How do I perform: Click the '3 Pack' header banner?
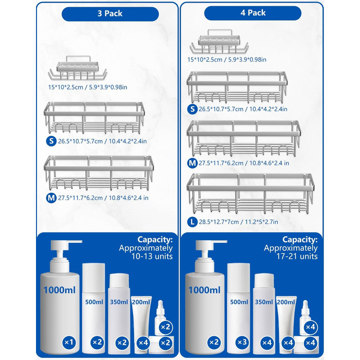110,14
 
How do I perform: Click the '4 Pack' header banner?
253,13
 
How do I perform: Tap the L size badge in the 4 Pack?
192,222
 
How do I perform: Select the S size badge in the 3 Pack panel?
51,141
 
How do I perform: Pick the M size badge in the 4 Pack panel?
192,163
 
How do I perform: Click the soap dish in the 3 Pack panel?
78,68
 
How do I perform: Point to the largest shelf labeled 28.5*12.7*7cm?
250,194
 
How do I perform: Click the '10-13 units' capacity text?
152,256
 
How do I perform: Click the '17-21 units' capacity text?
297,256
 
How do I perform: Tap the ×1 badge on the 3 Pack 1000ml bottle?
69,343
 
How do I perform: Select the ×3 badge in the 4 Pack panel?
242,343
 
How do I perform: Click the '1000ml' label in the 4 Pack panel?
204,290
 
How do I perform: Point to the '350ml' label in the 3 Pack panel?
119,302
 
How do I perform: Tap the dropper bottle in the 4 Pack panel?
305,317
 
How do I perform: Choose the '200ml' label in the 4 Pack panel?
286,302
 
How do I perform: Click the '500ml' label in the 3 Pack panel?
94,302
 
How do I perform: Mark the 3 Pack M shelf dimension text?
103,197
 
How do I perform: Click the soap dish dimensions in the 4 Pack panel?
227,60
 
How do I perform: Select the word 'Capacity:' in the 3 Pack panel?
155,240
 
